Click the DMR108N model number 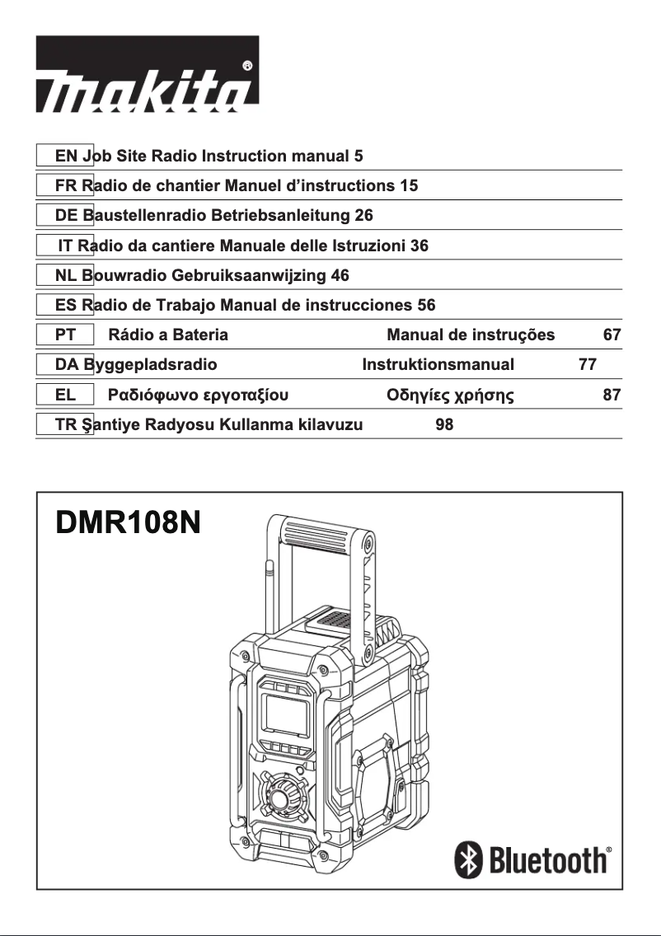pos(129,524)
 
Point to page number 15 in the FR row pos(409,185)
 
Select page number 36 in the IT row pos(419,246)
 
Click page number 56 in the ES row pos(426,305)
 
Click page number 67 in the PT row pos(612,335)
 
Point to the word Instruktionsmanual pos(438,364)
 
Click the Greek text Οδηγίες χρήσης pos(451,395)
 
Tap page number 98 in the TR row pos(444,424)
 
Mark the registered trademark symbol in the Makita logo pos(247,65)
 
